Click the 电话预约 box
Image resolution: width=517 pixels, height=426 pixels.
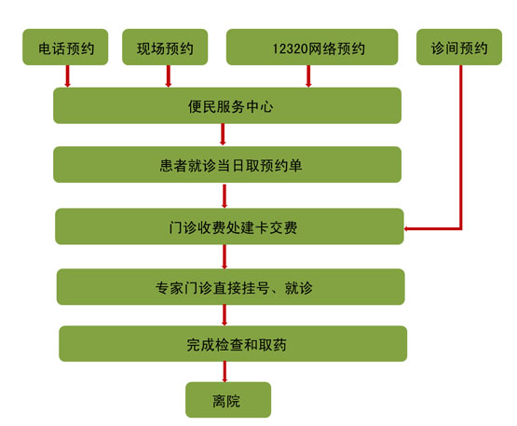(65, 47)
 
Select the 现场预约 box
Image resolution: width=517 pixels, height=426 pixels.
(165, 47)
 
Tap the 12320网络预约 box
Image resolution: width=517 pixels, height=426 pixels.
(312, 47)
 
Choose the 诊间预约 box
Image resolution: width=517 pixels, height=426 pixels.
(459, 47)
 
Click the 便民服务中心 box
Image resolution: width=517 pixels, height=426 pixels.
(227, 105)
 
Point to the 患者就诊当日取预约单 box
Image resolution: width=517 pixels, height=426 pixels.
(227, 164)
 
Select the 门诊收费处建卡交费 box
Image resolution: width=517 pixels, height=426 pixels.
(229, 227)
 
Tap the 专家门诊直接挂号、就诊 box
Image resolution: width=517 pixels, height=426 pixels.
(231, 287)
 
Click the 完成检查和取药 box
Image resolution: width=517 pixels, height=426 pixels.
(233, 344)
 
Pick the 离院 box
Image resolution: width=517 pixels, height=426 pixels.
(228, 400)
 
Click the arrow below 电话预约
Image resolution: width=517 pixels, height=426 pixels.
(68, 76)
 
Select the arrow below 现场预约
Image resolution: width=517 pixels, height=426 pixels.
(169, 76)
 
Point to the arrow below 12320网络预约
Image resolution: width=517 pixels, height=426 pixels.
(308, 76)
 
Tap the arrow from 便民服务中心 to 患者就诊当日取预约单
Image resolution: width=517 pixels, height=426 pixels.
(223, 134)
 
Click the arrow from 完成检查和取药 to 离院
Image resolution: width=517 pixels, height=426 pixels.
(224, 372)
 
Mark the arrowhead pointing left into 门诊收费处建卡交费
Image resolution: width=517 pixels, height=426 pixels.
(406, 228)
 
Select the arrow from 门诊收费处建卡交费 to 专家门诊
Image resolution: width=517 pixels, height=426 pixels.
(224, 256)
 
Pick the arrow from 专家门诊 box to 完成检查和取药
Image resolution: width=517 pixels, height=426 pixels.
(224, 315)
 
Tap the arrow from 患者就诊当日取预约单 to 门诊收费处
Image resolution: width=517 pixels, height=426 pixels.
(224, 196)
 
